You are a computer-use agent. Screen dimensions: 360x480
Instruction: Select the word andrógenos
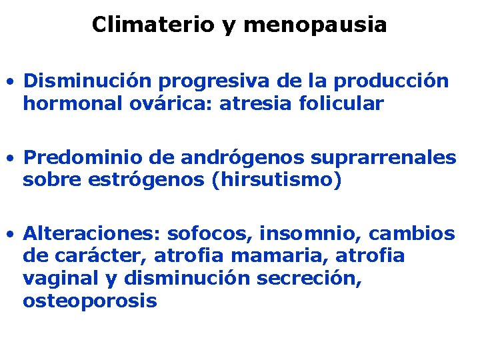(224, 158)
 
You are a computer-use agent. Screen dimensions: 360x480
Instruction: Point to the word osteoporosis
(90, 300)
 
